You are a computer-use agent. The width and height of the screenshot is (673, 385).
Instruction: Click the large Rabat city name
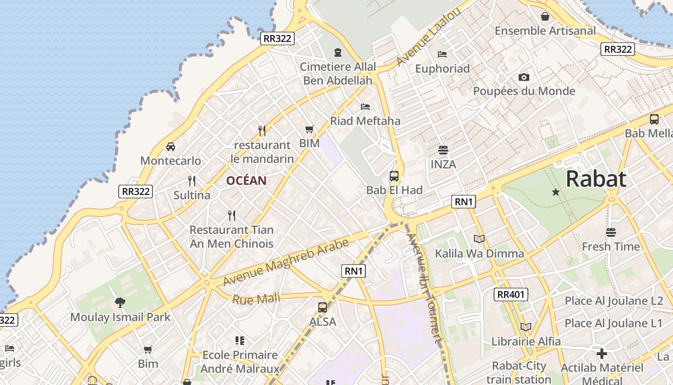pos(596,179)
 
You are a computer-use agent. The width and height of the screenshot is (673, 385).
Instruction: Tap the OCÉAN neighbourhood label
pos(246,181)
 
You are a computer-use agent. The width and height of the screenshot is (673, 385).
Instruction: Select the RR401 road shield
pos(511,295)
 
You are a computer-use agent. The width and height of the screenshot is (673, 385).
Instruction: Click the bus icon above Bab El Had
pos(394,176)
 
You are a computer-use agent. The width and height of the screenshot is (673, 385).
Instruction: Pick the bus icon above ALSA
pos(323,307)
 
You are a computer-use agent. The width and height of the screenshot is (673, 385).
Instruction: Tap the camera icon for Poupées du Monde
pos(524,77)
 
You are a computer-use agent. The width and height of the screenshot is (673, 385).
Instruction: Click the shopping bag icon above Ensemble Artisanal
pos(545,17)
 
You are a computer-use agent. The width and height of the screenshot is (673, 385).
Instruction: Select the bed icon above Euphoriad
pos(442,54)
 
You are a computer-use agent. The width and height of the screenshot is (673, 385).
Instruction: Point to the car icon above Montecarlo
pos(170,147)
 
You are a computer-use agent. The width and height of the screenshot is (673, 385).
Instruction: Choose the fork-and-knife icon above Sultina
pos(192,181)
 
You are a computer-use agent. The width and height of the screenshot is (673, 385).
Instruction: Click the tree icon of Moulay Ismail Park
pos(120,303)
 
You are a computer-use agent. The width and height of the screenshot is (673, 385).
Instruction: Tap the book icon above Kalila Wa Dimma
pos(479,239)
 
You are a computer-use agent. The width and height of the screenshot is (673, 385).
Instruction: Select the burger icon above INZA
pos(443,150)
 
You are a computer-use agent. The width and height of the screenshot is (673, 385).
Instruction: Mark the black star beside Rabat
pos(556,192)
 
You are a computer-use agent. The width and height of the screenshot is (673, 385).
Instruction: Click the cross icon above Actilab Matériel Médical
pos(601,354)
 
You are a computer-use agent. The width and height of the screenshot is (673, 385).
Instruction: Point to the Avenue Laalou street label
pos(429,37)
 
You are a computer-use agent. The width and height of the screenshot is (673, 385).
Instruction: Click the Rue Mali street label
pos(256,299)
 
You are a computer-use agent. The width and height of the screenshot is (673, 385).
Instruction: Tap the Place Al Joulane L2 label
pos(614,301)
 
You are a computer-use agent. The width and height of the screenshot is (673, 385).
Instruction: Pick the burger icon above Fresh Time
pos(611,232)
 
